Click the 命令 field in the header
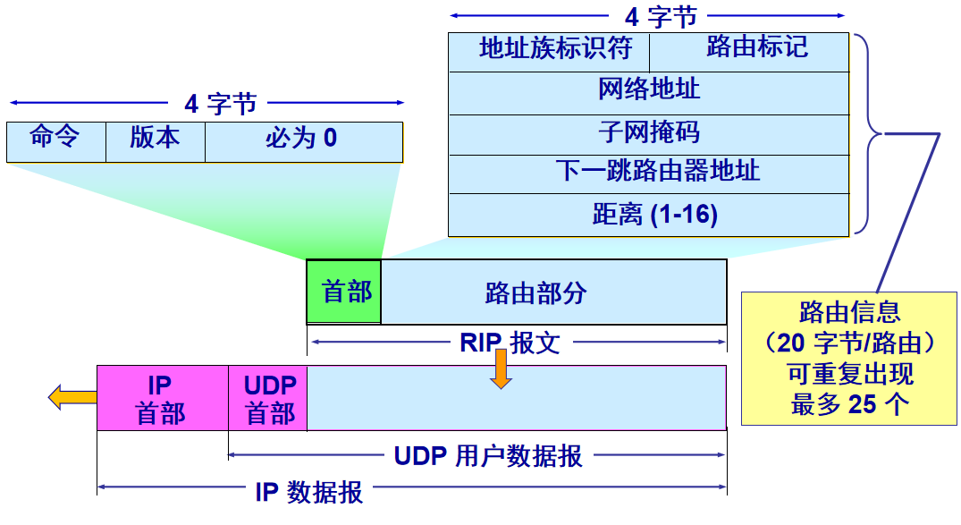[x=55, y=141]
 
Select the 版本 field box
[x=155, y=141]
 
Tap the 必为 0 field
[x=303, y=141]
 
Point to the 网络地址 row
[x=648, y=92]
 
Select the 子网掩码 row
[x=648, y=134]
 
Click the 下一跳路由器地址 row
[x=648, y=174]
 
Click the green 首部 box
[x=344, y=292]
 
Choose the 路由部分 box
[x=553, y=292]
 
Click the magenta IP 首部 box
[x=162, y=398]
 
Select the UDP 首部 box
[x=268, y=398]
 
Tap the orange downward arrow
[x=501, y=368]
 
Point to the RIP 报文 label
[x=510, y=343]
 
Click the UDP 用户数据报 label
[x=488, y=456]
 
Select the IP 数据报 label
[x=309, y=491]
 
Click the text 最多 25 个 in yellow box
[x=849, y=404]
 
